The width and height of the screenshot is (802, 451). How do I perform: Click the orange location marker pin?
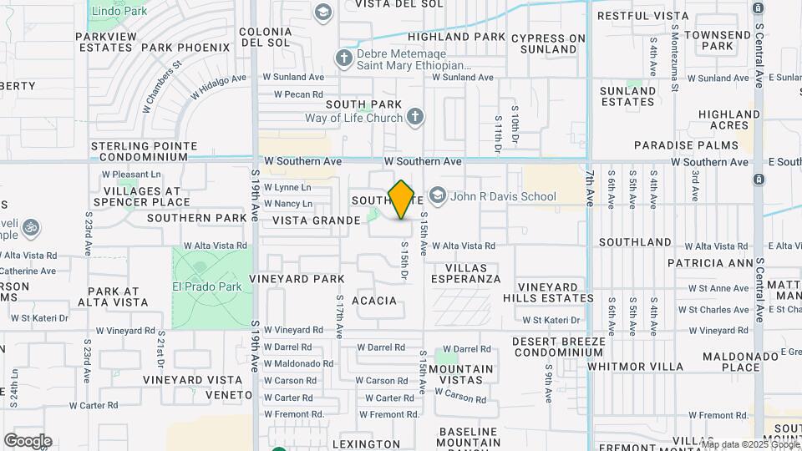click(401, 200)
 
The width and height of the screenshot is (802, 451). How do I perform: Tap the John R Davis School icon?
click(437, 196)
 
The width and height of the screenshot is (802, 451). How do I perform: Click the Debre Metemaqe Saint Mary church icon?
click(343, 58)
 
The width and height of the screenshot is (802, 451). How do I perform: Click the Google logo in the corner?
click(28, 440)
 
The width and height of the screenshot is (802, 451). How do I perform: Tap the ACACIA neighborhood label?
click(374, 300)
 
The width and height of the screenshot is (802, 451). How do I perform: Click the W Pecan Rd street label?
click(292, 94)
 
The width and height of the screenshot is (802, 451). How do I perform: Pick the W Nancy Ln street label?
click(287, 203)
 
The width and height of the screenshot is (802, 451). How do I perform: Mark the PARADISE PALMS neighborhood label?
click(698, 145)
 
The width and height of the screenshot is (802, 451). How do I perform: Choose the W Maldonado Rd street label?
click(298, 363)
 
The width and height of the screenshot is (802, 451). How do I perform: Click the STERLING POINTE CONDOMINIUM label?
click(144, 151)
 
